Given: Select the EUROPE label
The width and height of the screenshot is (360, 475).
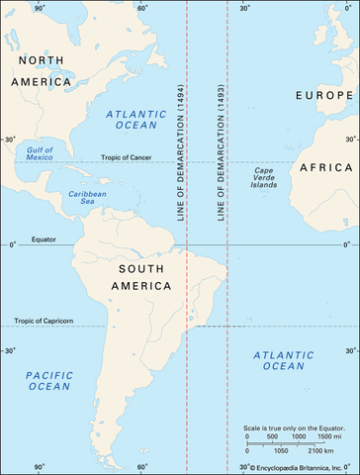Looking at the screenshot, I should pyautogui.click(x=324, y=95).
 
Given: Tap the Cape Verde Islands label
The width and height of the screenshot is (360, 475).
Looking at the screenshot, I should pyautogui.click(x=263, y=179).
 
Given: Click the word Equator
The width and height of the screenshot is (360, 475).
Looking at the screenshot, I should pyautogui.click(x=43, y=239).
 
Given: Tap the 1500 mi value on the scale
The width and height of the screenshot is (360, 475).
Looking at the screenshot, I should pyautogui.click(x=328, y=436).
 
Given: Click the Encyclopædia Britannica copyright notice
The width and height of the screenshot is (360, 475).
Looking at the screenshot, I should pyautogui.click(x=291, y=466).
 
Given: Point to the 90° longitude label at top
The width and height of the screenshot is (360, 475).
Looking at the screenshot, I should pyautogui.click(x=40, y=8).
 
